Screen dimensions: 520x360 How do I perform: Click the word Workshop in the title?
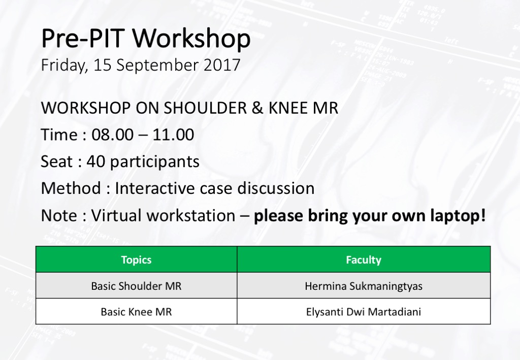tap(191, 39)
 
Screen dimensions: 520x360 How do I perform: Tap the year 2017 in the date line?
tap(222, 64)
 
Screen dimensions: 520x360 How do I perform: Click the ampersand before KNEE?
tap(257, 108)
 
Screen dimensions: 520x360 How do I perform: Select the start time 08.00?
tap(112, 135)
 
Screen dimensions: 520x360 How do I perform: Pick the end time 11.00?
tap(173, 135)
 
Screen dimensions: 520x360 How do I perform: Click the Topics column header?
tap(136, 259)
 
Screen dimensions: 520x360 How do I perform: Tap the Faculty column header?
tap(364, 259)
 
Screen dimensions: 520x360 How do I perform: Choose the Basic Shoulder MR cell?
tap(136, 286)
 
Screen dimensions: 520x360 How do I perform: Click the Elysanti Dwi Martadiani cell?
tap(364, 312)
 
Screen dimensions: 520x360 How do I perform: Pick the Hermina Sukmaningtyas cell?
tap(364, 286)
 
